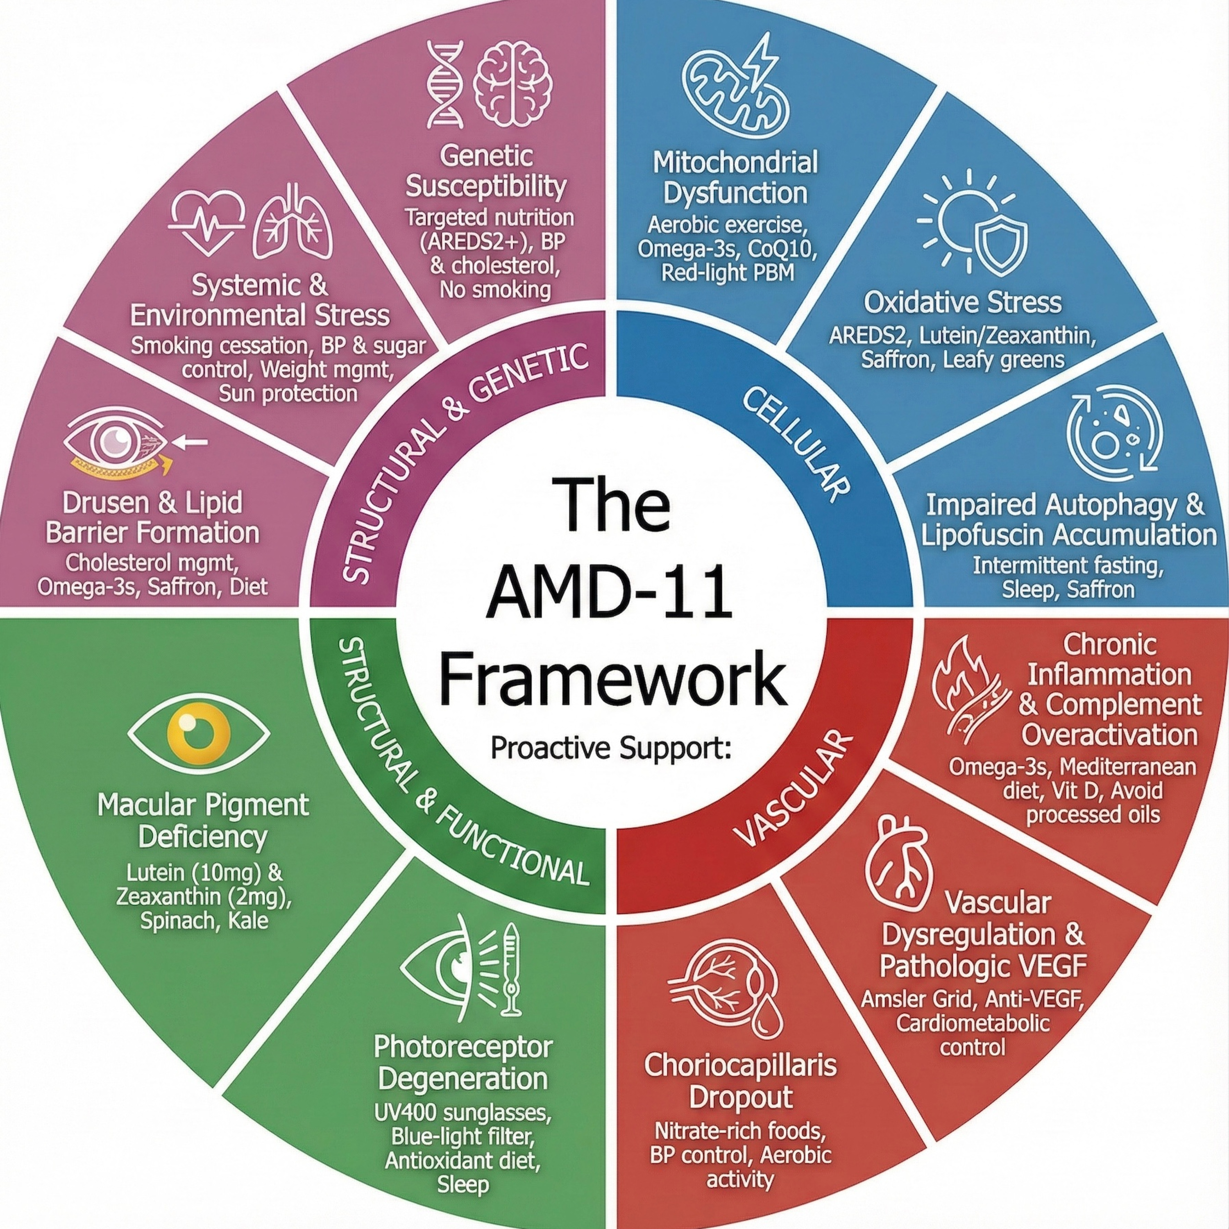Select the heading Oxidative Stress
[x=962, y=303]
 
